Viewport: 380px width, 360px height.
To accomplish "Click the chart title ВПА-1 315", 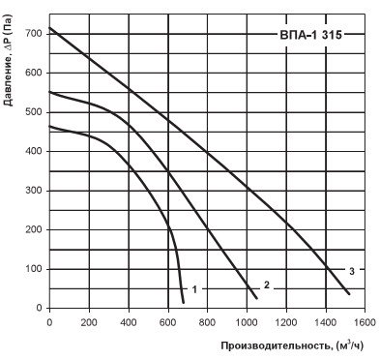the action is click(x=310, y=35).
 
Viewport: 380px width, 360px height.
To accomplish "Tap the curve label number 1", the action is click(x=194, y=289).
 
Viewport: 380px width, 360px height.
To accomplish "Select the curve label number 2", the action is click(x=267, y=285).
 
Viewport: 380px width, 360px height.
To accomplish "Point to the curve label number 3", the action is click(x=352, y=271).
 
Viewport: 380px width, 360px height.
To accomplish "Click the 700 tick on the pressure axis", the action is click(x=33, y=34).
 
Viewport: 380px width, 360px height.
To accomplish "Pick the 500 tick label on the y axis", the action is click(x=33, y=112).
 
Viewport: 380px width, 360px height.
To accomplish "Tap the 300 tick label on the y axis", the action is click(x=33, y=191).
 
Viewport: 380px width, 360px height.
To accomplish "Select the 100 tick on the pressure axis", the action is click(x=33, y=269).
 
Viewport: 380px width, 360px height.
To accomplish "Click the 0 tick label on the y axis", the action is click(x=39, y=308).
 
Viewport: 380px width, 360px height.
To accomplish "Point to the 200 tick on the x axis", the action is click(x=89, y=322).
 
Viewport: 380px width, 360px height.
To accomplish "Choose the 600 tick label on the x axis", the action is click(x=168, y=322).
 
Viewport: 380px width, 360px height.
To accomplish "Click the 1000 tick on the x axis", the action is click(x=247, y=322).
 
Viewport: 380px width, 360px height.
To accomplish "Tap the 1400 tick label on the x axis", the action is click(x=326, y=322).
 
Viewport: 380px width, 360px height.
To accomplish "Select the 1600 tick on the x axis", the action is click(x=365, y=322).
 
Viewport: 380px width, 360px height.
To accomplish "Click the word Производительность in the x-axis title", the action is click(x=276, y=346).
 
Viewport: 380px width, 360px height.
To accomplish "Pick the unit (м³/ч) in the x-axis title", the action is click(x=349, y=345).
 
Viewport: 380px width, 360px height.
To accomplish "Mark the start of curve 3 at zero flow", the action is click(x=49, y=28).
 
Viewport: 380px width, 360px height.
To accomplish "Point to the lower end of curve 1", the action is click(x=184, y=303).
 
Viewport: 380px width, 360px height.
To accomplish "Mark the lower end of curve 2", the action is click(x=257, y=298).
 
